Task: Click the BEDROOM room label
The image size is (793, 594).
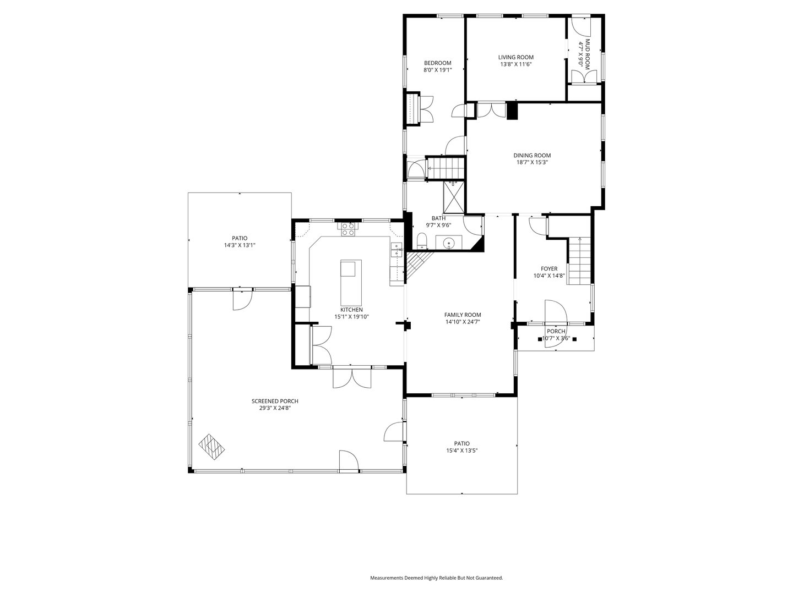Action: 437,63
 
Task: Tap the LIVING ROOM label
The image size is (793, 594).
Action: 515,57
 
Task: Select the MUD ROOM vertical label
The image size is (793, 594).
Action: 588,53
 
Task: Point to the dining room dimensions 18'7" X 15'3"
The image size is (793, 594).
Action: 531,162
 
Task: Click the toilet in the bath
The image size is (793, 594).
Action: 422,240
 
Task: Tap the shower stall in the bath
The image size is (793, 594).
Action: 454,196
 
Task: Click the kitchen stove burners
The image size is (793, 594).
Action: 348,229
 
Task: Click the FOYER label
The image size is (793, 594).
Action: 548,269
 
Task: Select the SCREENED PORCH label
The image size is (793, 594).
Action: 275,401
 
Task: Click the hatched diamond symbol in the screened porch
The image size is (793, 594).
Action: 212,446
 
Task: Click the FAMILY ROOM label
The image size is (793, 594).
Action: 463,315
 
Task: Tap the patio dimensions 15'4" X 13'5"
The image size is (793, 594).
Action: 461,450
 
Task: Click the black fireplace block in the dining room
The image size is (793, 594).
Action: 512,111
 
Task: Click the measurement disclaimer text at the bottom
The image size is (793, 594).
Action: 436,578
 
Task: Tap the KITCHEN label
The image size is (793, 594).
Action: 351,310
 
